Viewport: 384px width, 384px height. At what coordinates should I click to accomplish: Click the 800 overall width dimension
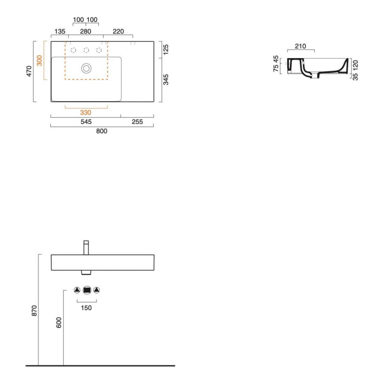(x=102, y=131)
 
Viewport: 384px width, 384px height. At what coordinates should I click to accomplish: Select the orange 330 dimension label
(x=85, y=113)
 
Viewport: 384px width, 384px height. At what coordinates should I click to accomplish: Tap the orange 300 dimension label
(x=39, y=60)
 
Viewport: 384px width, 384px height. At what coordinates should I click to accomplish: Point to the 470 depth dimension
(x=29, y=71)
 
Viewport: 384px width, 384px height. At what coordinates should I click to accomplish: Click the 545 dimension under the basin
(x=86, y=122)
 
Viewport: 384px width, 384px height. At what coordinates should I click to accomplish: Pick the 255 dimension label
(x=137, y=122)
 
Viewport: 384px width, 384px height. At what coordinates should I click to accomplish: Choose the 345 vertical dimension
(x=166, y=80)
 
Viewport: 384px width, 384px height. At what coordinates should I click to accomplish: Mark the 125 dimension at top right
(x=166, y=49)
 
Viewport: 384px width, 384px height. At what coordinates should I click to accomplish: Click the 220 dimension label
(x=118, y=31)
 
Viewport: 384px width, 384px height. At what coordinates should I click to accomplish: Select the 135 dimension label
(x=60, y=31)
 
